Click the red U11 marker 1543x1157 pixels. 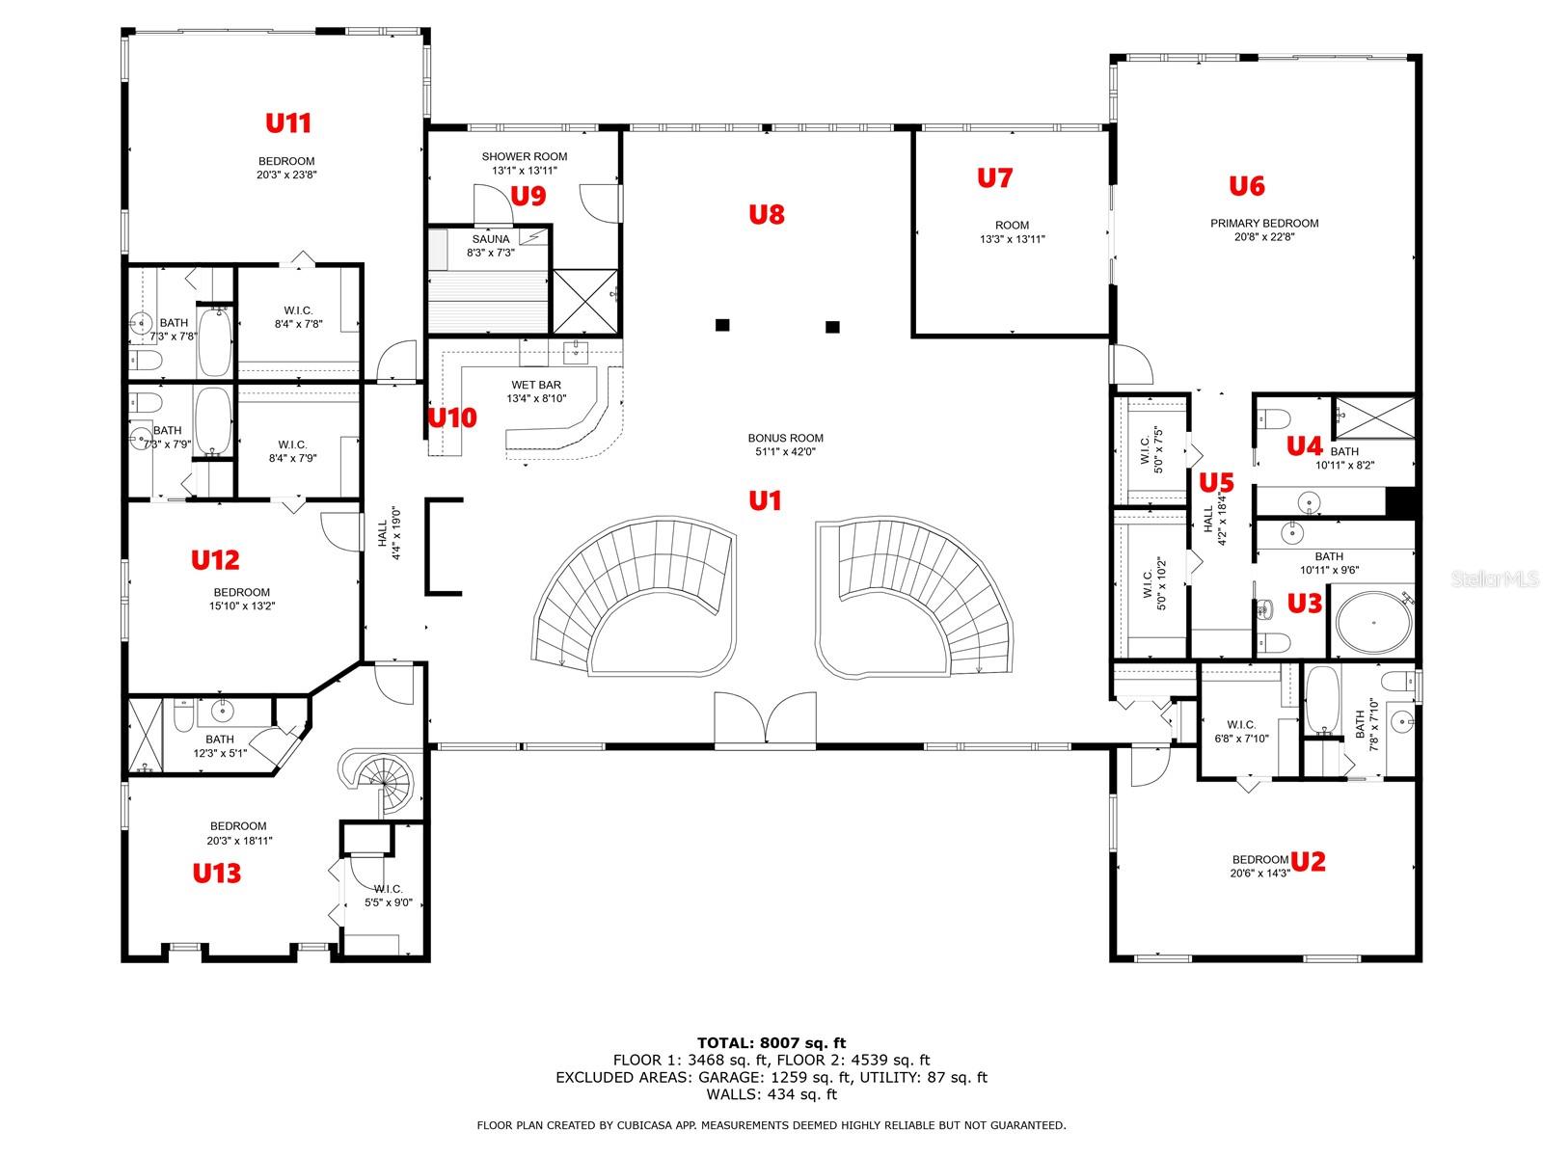[x=288, y=123]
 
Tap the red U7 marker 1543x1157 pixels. [x=994, y=178]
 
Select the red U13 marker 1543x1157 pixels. [x=217, y=874]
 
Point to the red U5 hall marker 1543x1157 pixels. [x=1216, y=483]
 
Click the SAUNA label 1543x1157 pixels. [x=491, y=239]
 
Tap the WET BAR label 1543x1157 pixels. [x=536, y=385]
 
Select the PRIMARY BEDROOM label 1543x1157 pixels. [x=1264, y=224]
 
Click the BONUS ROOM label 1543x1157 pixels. [x=785, y=438]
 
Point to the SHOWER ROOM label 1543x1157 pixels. [x=525, y=156]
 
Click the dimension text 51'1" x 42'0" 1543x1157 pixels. [x=785, y=451]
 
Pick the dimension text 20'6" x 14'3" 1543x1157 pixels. [x=1260, y=874]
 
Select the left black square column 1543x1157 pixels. [x=722, y=325]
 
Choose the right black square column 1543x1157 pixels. [x=832, y=327]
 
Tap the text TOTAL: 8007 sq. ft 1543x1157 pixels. [x=771, y=1043]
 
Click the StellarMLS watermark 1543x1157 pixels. [x=1495, y=579]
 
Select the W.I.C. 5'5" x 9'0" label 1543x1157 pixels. [x=388, y=896]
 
